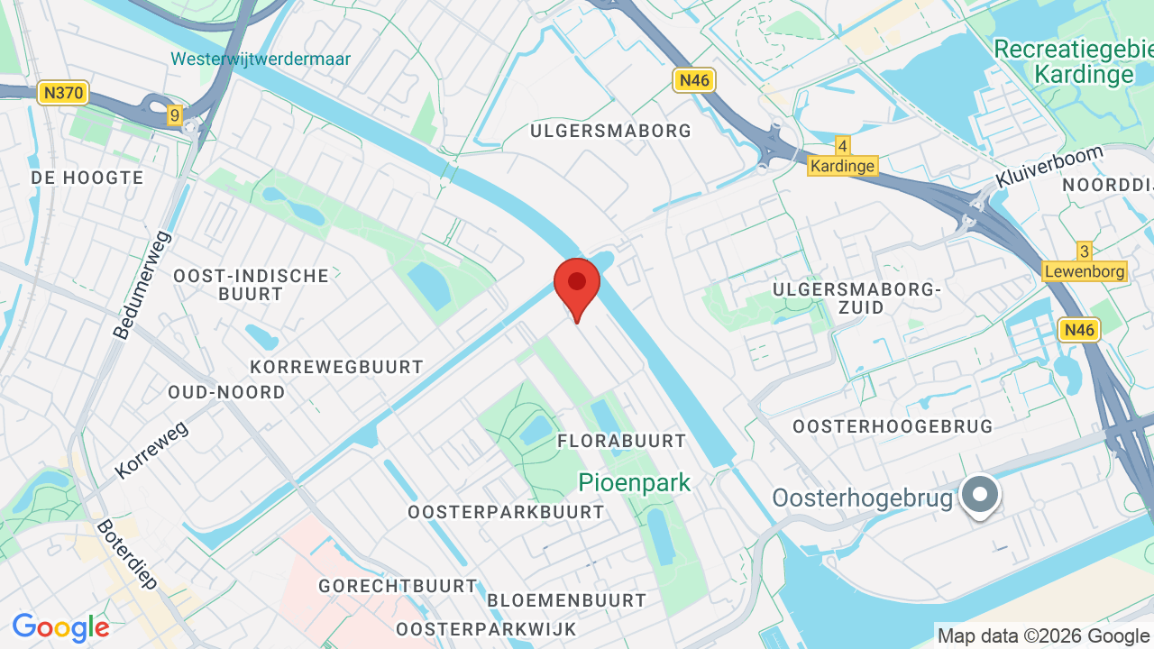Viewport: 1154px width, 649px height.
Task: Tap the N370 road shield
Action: coord(63,92)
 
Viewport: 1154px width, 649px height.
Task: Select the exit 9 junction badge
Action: coord(174,114)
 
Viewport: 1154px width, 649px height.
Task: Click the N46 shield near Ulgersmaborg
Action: coord(693,80)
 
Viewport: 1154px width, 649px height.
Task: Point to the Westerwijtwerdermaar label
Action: coord(261,59)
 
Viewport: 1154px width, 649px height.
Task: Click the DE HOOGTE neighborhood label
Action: coord(87,178)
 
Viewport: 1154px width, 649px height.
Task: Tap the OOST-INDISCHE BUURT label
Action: coord(252,284)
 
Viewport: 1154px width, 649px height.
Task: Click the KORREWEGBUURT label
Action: coord(336,367)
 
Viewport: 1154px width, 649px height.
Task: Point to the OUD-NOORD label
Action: coord(226,392)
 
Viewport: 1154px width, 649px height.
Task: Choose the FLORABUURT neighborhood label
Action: coord(622,441)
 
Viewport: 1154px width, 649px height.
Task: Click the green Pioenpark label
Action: coord(635,482)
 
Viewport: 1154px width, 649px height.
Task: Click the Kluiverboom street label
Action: coord(1049,167)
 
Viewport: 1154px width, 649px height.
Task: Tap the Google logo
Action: coord(61,627)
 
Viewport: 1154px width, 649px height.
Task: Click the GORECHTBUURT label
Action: coord(398,586)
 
